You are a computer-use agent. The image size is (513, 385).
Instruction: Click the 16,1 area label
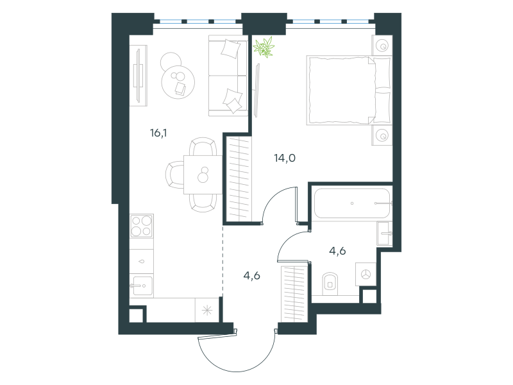[158, 133]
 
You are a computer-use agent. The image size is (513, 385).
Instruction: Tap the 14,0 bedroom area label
[285, 158]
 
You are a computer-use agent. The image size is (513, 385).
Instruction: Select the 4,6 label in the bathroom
[337, 251]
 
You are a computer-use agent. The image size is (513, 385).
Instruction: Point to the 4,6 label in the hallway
[251, 276]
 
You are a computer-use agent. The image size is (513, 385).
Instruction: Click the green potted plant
[264, 47]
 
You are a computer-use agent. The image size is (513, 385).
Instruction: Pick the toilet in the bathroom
[330, 284]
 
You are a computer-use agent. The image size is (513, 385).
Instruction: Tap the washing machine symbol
[366, 275]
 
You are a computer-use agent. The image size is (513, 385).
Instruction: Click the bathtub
[352, 203]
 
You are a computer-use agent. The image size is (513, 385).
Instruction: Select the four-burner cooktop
[141, 226]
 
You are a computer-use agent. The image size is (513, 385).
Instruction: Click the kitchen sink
[142, 286]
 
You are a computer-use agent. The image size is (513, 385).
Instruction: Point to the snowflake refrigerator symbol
[207, 310]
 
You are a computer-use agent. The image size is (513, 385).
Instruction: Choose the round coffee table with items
[178, 82]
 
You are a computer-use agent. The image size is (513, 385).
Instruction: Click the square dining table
[203, 175]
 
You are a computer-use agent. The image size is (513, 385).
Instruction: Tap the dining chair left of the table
[174, 175]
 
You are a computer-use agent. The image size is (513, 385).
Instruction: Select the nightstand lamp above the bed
[382, 46]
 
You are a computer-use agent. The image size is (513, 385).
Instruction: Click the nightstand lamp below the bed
[382, 135]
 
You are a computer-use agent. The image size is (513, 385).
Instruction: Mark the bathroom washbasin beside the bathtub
[384, 234]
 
